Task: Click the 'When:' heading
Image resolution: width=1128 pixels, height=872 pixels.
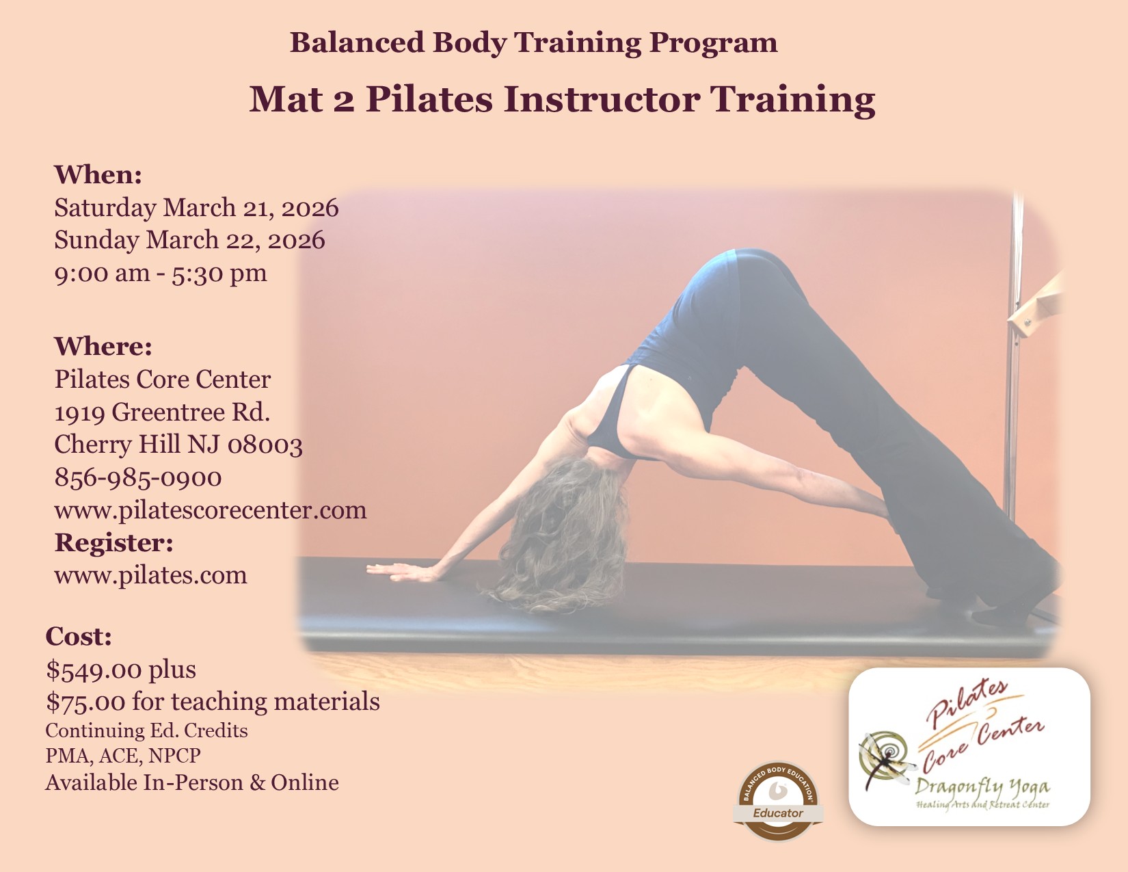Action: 98,174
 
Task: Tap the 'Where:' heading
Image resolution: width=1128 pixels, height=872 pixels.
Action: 103,347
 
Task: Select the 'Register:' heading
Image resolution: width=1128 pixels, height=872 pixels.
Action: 113,543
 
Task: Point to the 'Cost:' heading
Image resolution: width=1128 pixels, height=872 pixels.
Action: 79,636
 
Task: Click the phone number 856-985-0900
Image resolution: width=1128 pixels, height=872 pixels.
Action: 138,477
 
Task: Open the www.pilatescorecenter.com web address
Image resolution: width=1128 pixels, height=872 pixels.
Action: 211,511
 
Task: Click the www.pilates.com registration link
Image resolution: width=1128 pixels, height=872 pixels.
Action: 150,576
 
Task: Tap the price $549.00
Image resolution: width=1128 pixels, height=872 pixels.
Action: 94,670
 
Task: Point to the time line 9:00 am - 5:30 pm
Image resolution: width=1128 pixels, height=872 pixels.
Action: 161,273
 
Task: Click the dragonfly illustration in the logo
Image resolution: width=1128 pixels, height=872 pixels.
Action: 885,760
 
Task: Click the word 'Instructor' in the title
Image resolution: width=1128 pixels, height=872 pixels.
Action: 602,99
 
